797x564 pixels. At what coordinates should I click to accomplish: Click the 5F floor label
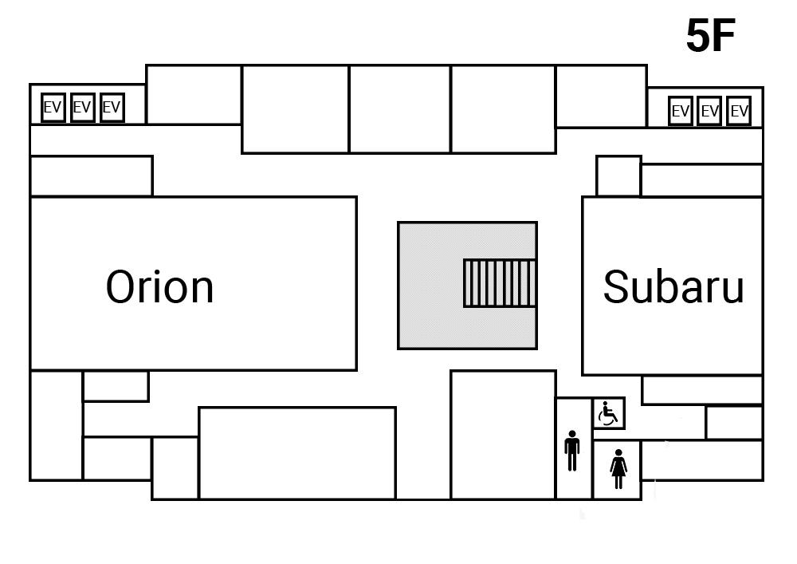pos(710,36)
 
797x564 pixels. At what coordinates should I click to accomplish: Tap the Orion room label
pos(160,286)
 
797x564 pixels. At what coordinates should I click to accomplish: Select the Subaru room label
pos(673,286)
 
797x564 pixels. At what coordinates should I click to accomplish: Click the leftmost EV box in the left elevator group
pos(53,108)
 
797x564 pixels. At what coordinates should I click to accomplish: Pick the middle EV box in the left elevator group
pos(82,108)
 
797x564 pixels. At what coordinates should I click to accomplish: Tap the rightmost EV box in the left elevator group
pos(112,108)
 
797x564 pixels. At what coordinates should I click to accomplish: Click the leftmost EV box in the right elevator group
pos(680,112)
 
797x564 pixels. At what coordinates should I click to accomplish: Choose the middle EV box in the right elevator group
pos(709,112)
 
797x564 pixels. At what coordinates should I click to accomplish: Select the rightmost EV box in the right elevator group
pos(739,112)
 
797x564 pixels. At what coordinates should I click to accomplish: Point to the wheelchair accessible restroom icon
pos(609,414)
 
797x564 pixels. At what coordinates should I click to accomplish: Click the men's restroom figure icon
pos(572,452)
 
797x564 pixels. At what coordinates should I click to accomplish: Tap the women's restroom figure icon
pos(618,468)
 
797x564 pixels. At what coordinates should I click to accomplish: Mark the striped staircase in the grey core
pos(499,283)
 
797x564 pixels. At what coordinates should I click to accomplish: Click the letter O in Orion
pos(122,286)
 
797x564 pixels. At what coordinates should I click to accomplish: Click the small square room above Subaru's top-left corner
pos(618,176)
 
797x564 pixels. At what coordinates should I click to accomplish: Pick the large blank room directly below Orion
pos(296,453)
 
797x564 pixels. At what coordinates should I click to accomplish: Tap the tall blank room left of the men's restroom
pos(503,435)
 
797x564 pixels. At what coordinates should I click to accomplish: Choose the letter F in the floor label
pos(724,36)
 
